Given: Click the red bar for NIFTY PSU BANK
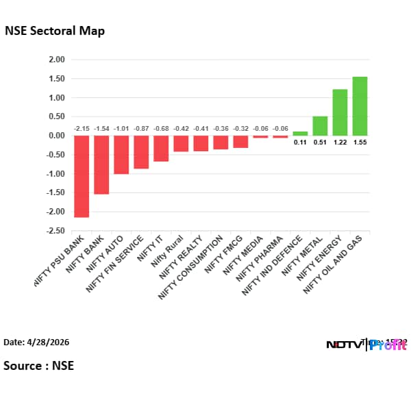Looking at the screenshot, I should point(82,176).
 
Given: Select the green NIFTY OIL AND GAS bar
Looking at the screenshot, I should point(360,106).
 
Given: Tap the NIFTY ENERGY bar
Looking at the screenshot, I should point(340,112).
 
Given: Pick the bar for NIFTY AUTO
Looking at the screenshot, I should point(121,155).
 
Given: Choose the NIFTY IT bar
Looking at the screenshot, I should point(161,149).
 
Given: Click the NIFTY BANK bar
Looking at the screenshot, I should point(101,165).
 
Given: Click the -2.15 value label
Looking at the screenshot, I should point(82,129).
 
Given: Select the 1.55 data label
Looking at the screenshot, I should point(360,142).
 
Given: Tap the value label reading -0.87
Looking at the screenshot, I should point(141,129).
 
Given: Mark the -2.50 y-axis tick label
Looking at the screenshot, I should point(55,231).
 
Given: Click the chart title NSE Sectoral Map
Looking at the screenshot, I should point(55,31).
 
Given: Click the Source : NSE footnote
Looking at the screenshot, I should point(38,366).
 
